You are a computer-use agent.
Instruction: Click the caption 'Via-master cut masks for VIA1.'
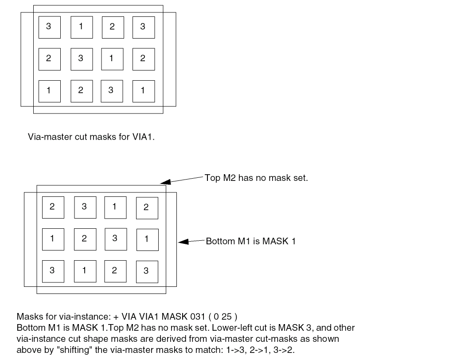(91, 137)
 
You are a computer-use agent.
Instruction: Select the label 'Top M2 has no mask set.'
(256, 178)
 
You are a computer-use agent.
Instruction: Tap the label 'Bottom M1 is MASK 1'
(250, 242)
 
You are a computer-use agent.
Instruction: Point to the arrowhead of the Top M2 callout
(165, 181)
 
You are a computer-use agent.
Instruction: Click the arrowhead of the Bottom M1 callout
(183, 242)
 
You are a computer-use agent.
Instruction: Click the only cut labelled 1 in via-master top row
(81, 27)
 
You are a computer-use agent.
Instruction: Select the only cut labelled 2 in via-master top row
(113, 27)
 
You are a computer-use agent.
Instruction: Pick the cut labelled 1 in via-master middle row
(112, 59)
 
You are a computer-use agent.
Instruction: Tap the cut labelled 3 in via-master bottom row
(111, 90)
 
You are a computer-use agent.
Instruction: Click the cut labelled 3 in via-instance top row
(84, 207)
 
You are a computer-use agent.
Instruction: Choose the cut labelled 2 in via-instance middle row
(84, 239)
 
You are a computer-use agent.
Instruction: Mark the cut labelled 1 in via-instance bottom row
(84, 270)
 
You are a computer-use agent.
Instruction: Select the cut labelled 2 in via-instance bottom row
(115, 270)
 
